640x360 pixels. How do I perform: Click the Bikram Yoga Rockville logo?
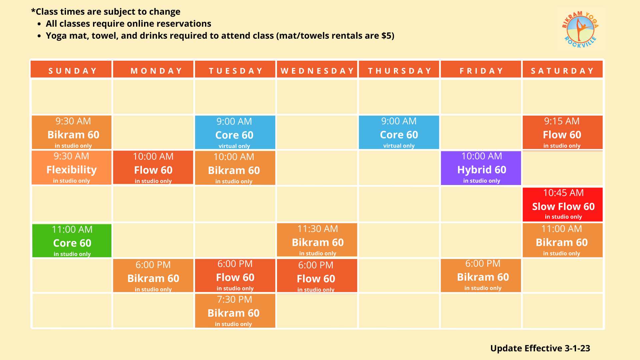[580, 29]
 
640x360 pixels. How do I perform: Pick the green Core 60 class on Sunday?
[72, 241]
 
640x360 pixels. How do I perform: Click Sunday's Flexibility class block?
[71, 168]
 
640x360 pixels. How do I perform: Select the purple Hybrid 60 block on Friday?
[481, 168]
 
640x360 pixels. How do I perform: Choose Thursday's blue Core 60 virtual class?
[399, 132]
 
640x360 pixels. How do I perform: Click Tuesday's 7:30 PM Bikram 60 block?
[235, 311]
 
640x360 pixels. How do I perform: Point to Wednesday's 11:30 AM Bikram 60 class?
[317, 240]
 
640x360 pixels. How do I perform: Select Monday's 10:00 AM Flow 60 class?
[153, 167]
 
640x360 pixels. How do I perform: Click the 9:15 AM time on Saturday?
[562, 121]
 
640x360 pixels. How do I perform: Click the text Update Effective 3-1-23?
[540, 348]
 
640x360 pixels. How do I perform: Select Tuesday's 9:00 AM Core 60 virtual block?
[235, 132]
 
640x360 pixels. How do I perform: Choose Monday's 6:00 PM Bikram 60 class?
[153, 276]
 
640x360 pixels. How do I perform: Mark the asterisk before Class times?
[33, 11]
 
